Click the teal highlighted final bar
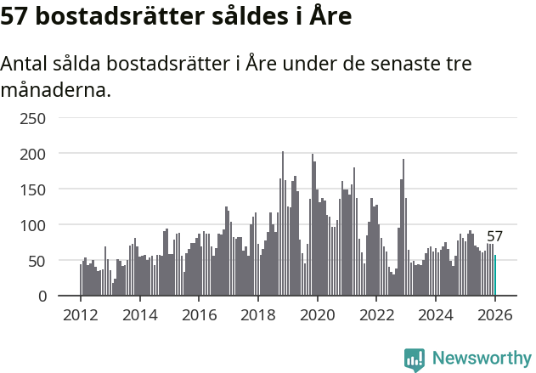495,275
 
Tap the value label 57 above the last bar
495,237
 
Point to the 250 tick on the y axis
32,118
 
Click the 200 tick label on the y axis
32,154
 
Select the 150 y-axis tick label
32,189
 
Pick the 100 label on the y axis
32,225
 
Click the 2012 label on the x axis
81,314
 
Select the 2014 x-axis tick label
140,314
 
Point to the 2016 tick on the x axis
199,314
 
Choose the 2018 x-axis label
258,314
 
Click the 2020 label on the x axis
318,314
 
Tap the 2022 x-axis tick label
377,314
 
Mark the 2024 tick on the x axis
436,314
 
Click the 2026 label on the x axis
495,314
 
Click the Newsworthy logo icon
415,359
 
